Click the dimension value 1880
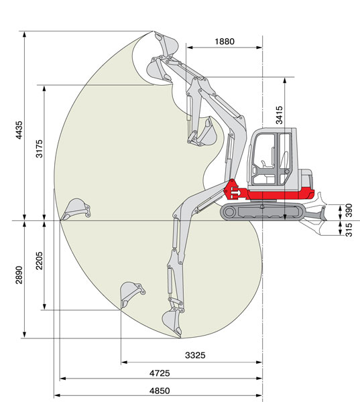[x=225, y=42]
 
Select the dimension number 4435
[x=19, y=130]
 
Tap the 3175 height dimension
[x=40, y=149]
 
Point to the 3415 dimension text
[x=279, y=115]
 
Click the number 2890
[x=19, y=275]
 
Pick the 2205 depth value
[x=40, y=261]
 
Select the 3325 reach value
[x=195, y=355]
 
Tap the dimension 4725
[x=160, y=373]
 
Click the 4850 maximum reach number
[x=160, y=391]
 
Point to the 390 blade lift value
[x=349, y=210]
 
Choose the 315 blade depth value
[x=349, y=230]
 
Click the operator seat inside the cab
[x=284, y=160]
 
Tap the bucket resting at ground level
[x=76, y=209]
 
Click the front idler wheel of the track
[x=229, y=212]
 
